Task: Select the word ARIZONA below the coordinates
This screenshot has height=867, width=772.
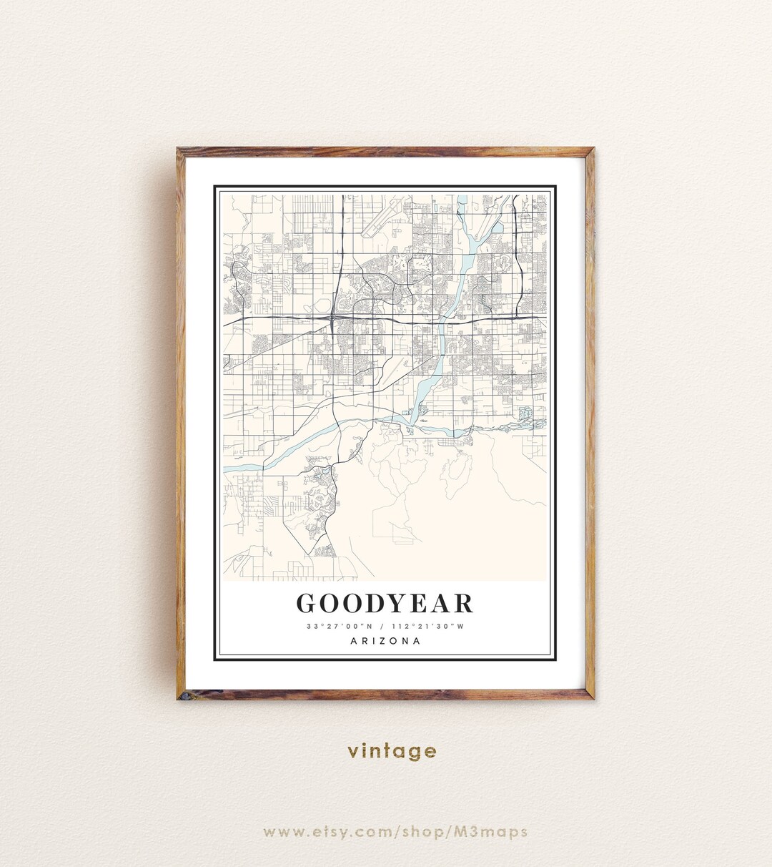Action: tap(385, 641)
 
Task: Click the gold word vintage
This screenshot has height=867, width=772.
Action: tap(392, 751)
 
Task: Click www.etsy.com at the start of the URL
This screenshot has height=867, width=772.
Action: tap(315, 832)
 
